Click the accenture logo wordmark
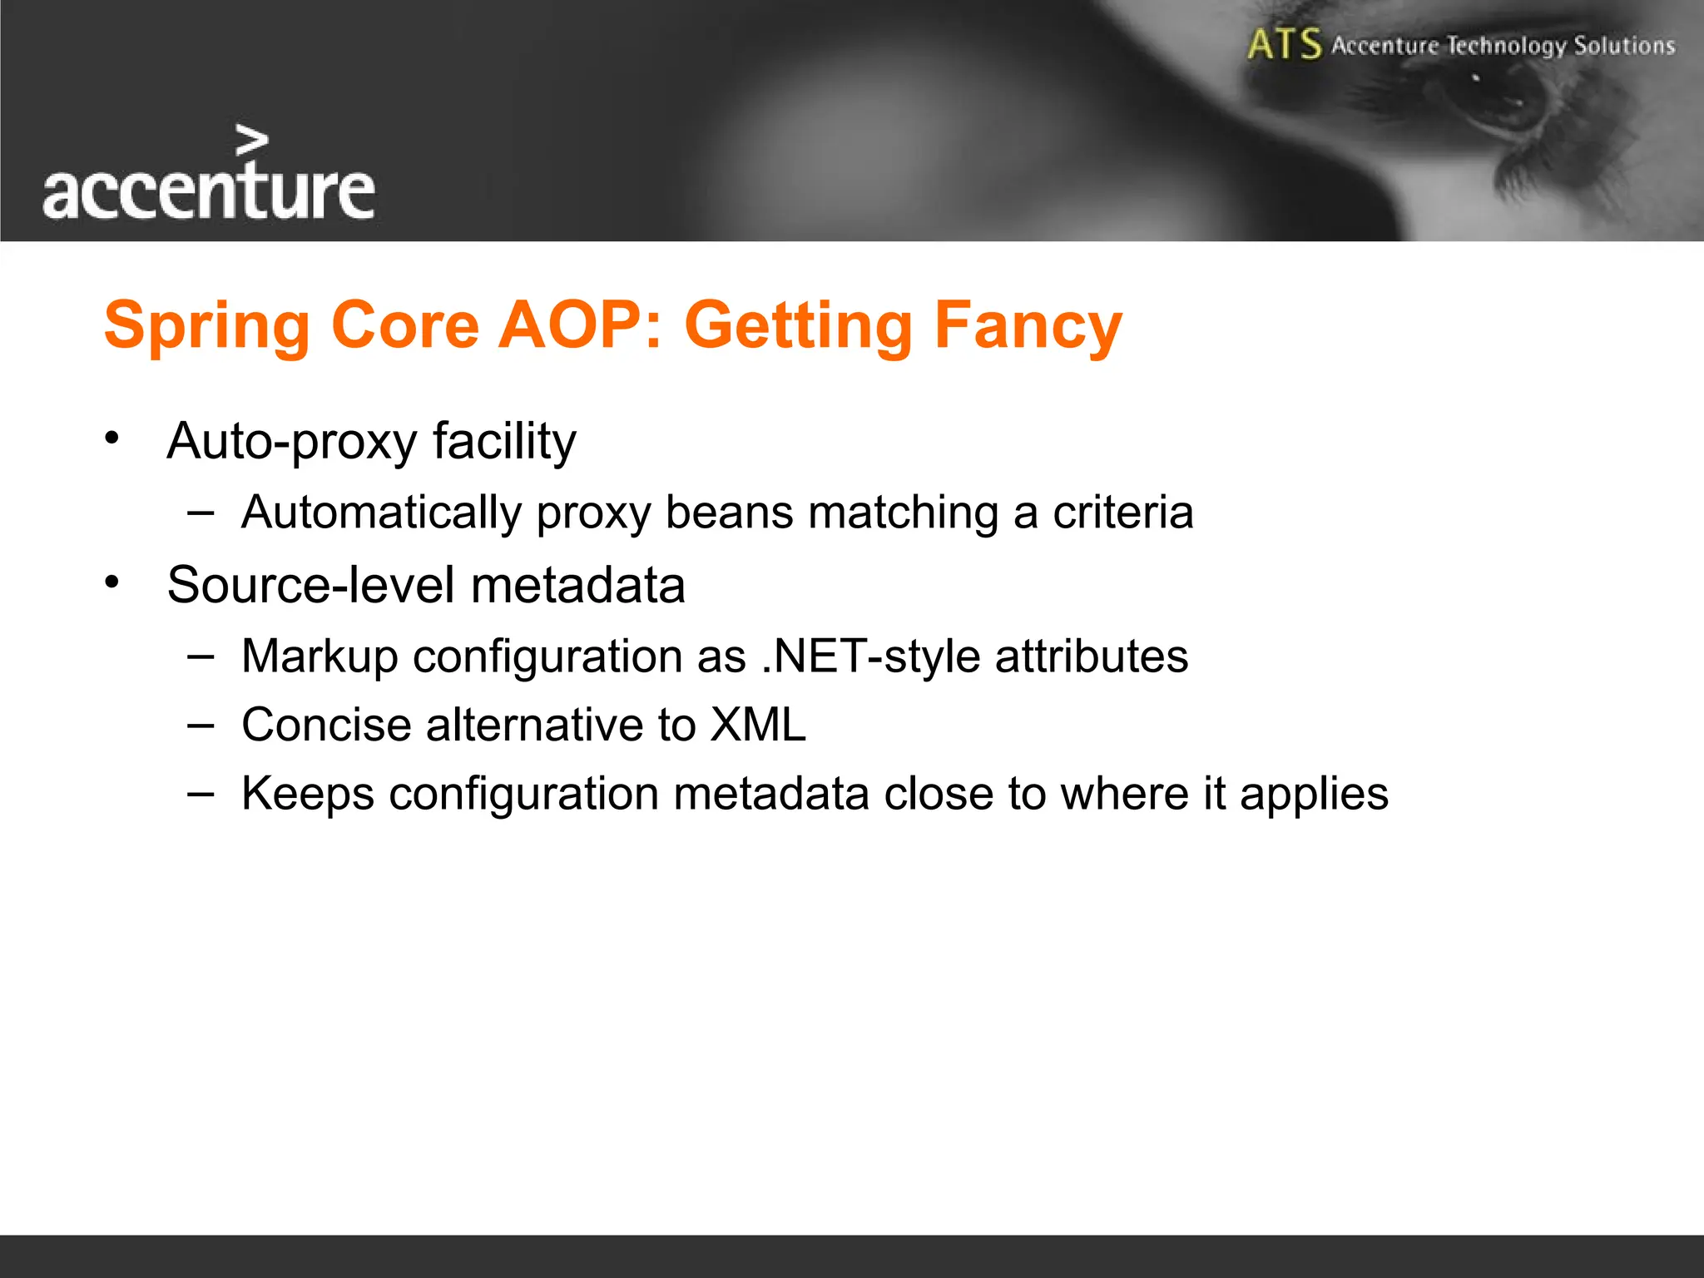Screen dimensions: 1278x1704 (208, 191)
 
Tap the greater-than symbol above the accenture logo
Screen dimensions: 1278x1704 (251, 141)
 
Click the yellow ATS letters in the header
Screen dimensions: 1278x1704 (1284, 45)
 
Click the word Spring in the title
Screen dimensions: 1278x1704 (206, 326)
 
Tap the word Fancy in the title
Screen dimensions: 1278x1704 (1028, 326)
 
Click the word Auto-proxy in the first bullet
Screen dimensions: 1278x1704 (290, 441)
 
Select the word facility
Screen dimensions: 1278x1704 (504, 441)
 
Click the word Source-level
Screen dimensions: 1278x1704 (310, 585)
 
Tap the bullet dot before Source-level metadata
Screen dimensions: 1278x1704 (112, 582)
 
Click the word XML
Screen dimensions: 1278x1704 (757, 725)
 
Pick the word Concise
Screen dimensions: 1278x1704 (326, 725)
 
